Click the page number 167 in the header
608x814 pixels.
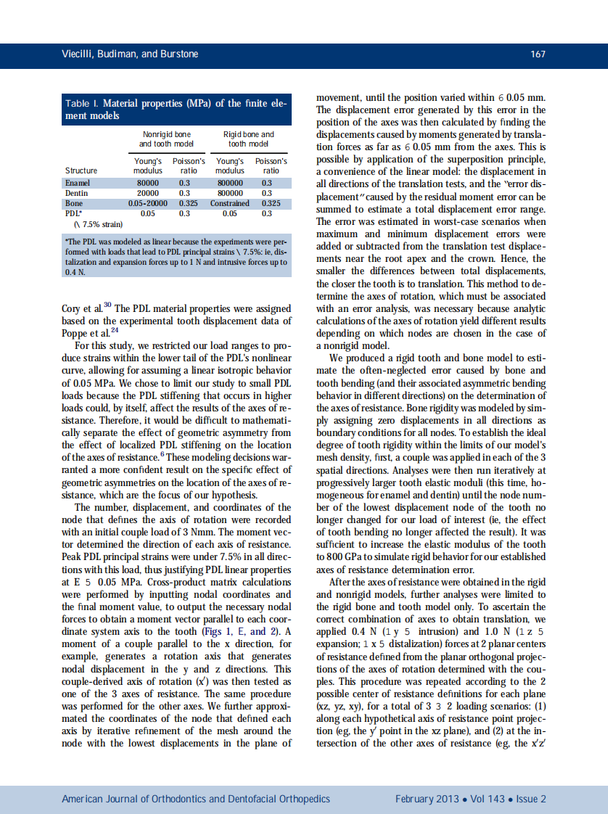pos(538,54)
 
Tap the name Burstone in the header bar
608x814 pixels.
pos(176,54)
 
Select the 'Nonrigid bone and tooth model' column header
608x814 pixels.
pos(166,139)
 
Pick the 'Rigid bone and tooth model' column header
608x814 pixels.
pos(248,139)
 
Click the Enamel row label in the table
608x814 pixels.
pos(76,184)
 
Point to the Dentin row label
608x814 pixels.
pos(76,194)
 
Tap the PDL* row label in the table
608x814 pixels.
pos(73,214)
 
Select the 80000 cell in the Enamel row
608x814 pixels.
pos(148,184)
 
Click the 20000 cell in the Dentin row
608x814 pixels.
pos(148,194)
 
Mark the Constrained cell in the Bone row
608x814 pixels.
pos(230,204)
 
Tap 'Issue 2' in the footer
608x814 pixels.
pos(531,799)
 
